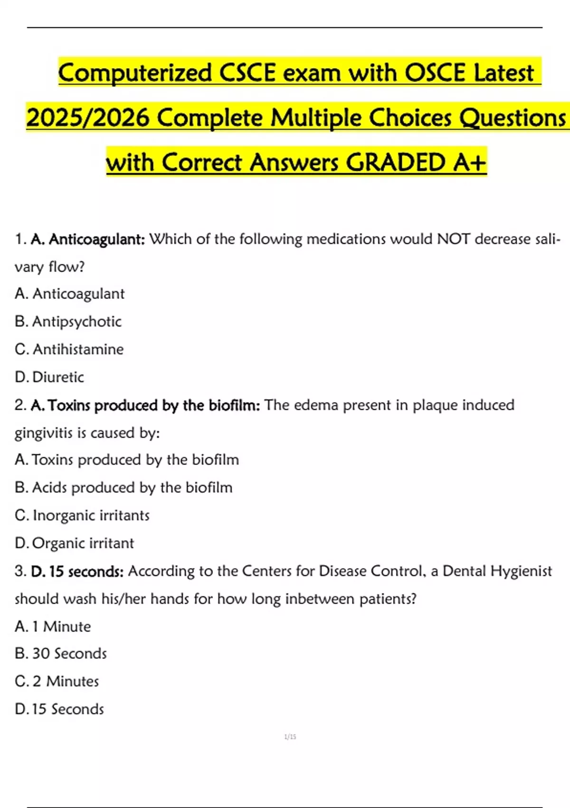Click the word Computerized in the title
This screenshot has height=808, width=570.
tap(135, 73)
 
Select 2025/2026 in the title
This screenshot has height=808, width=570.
tap(88, 117)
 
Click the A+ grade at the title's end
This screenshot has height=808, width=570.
tap(469, 162)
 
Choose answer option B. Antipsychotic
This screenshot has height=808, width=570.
tap(68, 322)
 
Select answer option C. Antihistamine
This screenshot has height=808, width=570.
tap(69, 349)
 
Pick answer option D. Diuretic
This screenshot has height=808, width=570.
tap(49, 377)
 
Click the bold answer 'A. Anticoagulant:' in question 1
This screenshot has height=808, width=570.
tap(88, 239)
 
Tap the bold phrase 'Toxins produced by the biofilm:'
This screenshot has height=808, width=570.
tap(154, 405)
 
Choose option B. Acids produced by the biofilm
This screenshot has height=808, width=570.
tap(123, 488)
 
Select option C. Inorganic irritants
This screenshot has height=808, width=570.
tap(82, 515)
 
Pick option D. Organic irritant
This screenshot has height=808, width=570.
tap(75, 543)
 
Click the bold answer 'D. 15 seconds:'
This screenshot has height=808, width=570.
tap(77, 571)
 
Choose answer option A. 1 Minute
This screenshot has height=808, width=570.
tap(53, 626)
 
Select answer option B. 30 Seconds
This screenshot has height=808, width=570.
tap(61, 654)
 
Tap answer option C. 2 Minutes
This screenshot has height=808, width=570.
tap(57, 682)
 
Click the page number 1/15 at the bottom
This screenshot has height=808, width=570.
tap(290, 737)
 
